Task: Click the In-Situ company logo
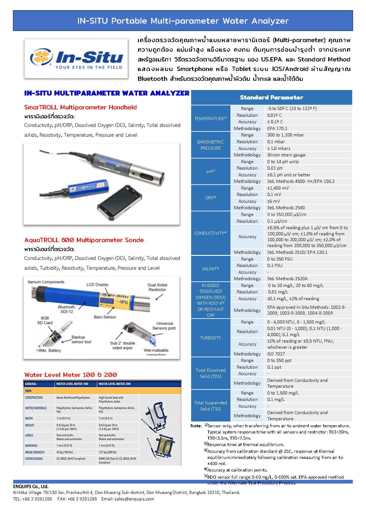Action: [x=76, y=59]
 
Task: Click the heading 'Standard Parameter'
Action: [x=271, y=97]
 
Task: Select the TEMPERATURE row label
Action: [x=211, y=118]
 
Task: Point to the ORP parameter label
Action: [x=211, y=198]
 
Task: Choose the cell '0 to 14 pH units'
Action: [x=283, y=162]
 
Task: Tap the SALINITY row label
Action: [x=211, y=268]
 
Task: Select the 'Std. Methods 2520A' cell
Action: [x=287, y=279]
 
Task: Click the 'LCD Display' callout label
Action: [x=97, y=284]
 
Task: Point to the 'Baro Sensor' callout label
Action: [x=105, y=317]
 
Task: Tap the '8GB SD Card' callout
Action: [x=45, y=320]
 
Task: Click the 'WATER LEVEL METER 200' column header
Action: [x=114, y=384]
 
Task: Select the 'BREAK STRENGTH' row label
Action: [x=35, y=452]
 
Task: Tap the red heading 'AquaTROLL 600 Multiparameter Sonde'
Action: [x=84, y=240]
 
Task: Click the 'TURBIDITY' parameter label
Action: [x=211, y=338]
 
